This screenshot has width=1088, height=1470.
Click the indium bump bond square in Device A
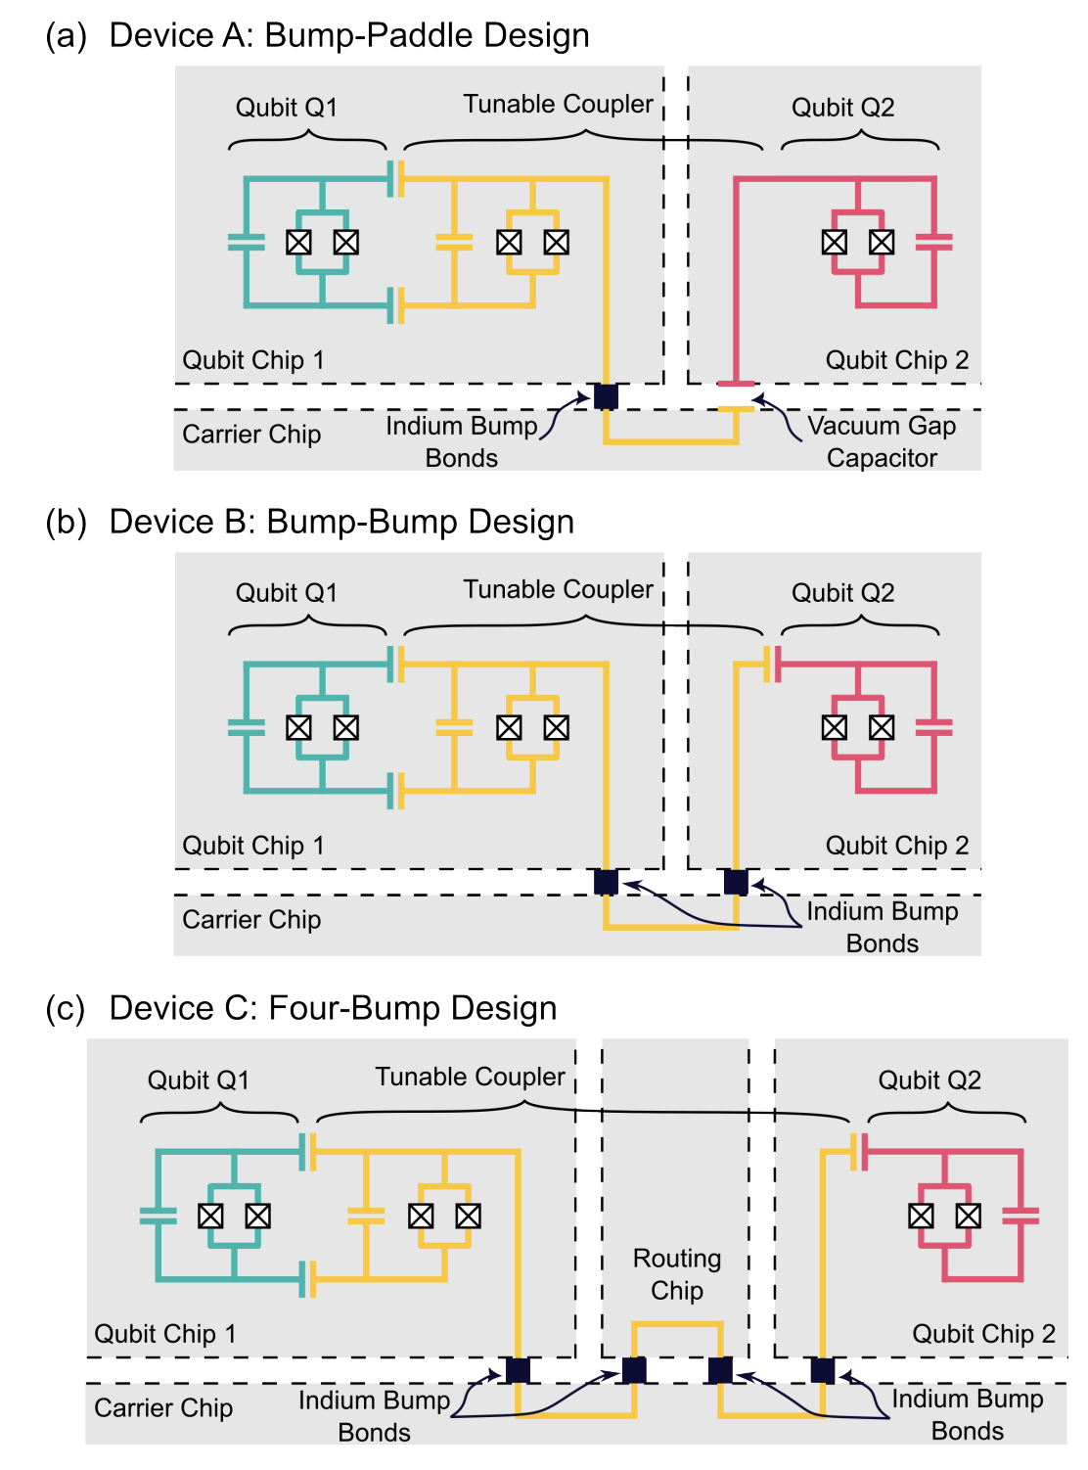pos(605,395)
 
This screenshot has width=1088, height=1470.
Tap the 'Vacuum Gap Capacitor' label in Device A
pos(881,441)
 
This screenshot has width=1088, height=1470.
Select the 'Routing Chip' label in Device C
pos(676,1274)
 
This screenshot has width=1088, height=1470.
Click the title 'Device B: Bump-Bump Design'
pos(341,521)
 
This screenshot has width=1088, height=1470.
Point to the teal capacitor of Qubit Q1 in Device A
pos(246,242)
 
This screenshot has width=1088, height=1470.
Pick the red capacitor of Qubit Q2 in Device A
pos(933,242)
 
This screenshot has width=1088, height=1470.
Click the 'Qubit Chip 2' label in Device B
pos(896,845)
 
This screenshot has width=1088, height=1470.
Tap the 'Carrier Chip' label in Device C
pos(163,1407)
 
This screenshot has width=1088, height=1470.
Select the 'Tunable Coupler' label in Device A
pos(558,104)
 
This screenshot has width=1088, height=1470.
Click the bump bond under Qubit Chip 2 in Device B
pos(735,882)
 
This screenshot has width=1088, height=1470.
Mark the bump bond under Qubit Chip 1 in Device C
pos(517,1370)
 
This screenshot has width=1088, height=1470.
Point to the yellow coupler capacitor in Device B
pos(454,727)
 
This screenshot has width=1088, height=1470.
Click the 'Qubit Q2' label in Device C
pos(929,1080)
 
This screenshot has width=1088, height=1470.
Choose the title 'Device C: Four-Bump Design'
pos(333,1007)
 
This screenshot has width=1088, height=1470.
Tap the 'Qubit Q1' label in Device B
pos(287,592)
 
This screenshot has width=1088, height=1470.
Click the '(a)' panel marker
pos(66,36)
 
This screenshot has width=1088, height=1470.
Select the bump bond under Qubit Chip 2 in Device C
pos(822,1370)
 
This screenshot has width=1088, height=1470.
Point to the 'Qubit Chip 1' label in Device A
pos(253,360)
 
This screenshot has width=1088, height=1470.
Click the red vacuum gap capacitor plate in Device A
pos(736,384)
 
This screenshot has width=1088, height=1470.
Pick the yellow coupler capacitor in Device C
pos(366,1216)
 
